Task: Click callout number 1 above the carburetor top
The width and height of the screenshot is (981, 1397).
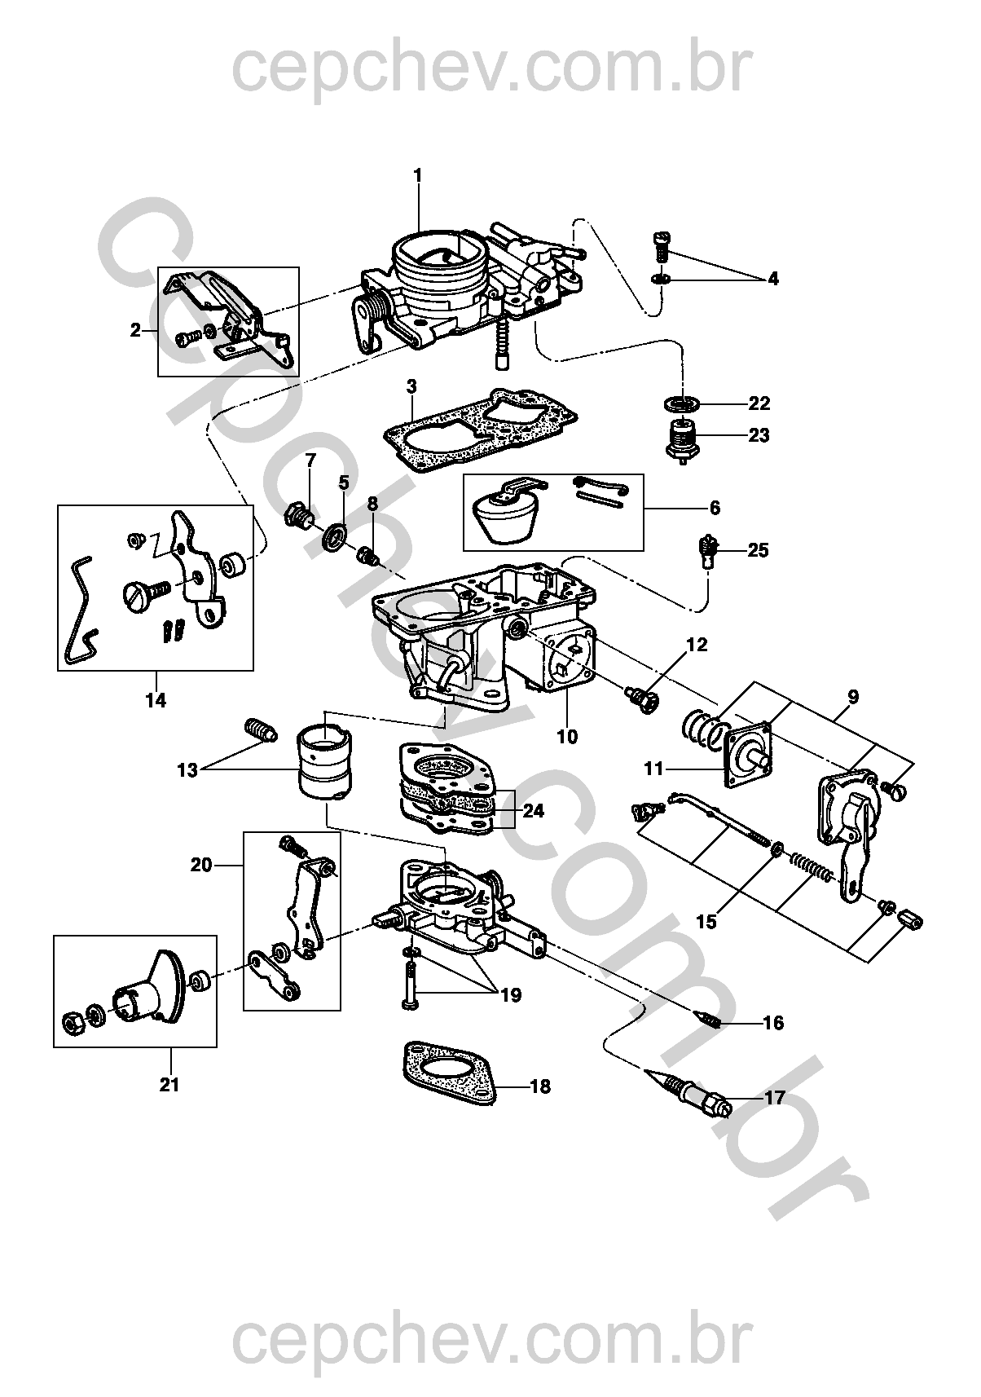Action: click(418, 175)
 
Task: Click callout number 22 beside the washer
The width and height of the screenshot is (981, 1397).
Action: click(758, 403)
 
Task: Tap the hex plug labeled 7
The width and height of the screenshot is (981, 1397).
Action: click(300, 515)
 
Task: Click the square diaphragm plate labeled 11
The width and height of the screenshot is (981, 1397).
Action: click(748, 754)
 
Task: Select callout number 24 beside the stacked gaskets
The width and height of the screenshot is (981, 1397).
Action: click(534, 811)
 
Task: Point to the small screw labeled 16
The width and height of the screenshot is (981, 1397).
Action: click(706, 1019)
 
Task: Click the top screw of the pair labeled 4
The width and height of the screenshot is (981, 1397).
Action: click(661, 244)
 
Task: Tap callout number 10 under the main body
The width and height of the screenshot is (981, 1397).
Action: click(567, 737)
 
